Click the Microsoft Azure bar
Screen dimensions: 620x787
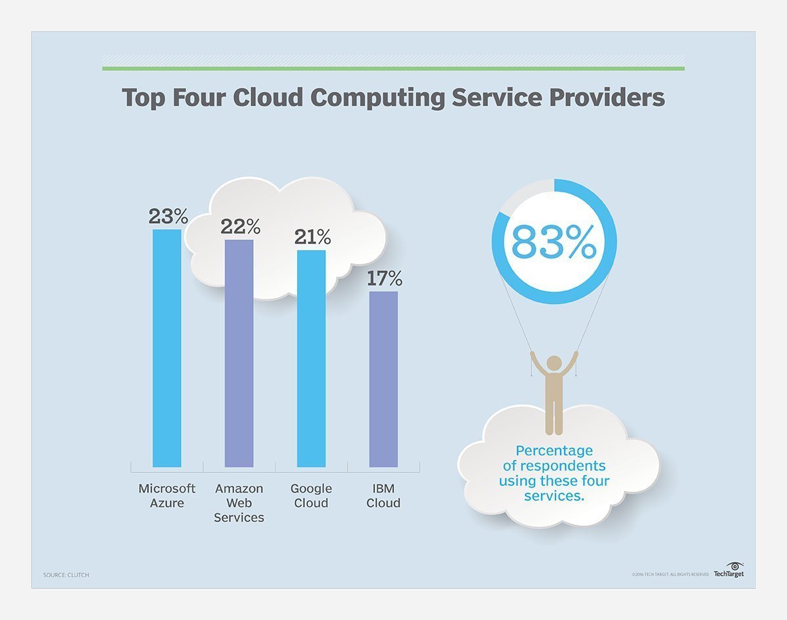click(x=167, y=348)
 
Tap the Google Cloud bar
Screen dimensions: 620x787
click(x=311, y=358)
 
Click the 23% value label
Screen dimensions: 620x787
click(x=168, y=216)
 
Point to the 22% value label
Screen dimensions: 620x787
click(x=240, y=226)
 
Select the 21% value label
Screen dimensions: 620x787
click(x=312, y=237)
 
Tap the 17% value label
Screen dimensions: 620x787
click(x=384, y=278)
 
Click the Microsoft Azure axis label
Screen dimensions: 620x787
click(x=167, y=496)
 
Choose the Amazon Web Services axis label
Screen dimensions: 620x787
click(x=239, y=503)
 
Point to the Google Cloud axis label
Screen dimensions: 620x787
click(x=311, y=496)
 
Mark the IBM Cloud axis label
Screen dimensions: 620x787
click(x=383, y=496)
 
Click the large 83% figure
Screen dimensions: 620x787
click(x=554, y=242)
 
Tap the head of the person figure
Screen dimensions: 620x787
click(x=554, y=363)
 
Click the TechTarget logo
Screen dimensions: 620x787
click(x=729, y=570)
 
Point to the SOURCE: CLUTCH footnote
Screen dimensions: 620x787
click(x=66, y=575)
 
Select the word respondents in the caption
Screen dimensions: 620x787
click(x=554, y=466)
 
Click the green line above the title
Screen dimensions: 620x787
click(x=393, y=68)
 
